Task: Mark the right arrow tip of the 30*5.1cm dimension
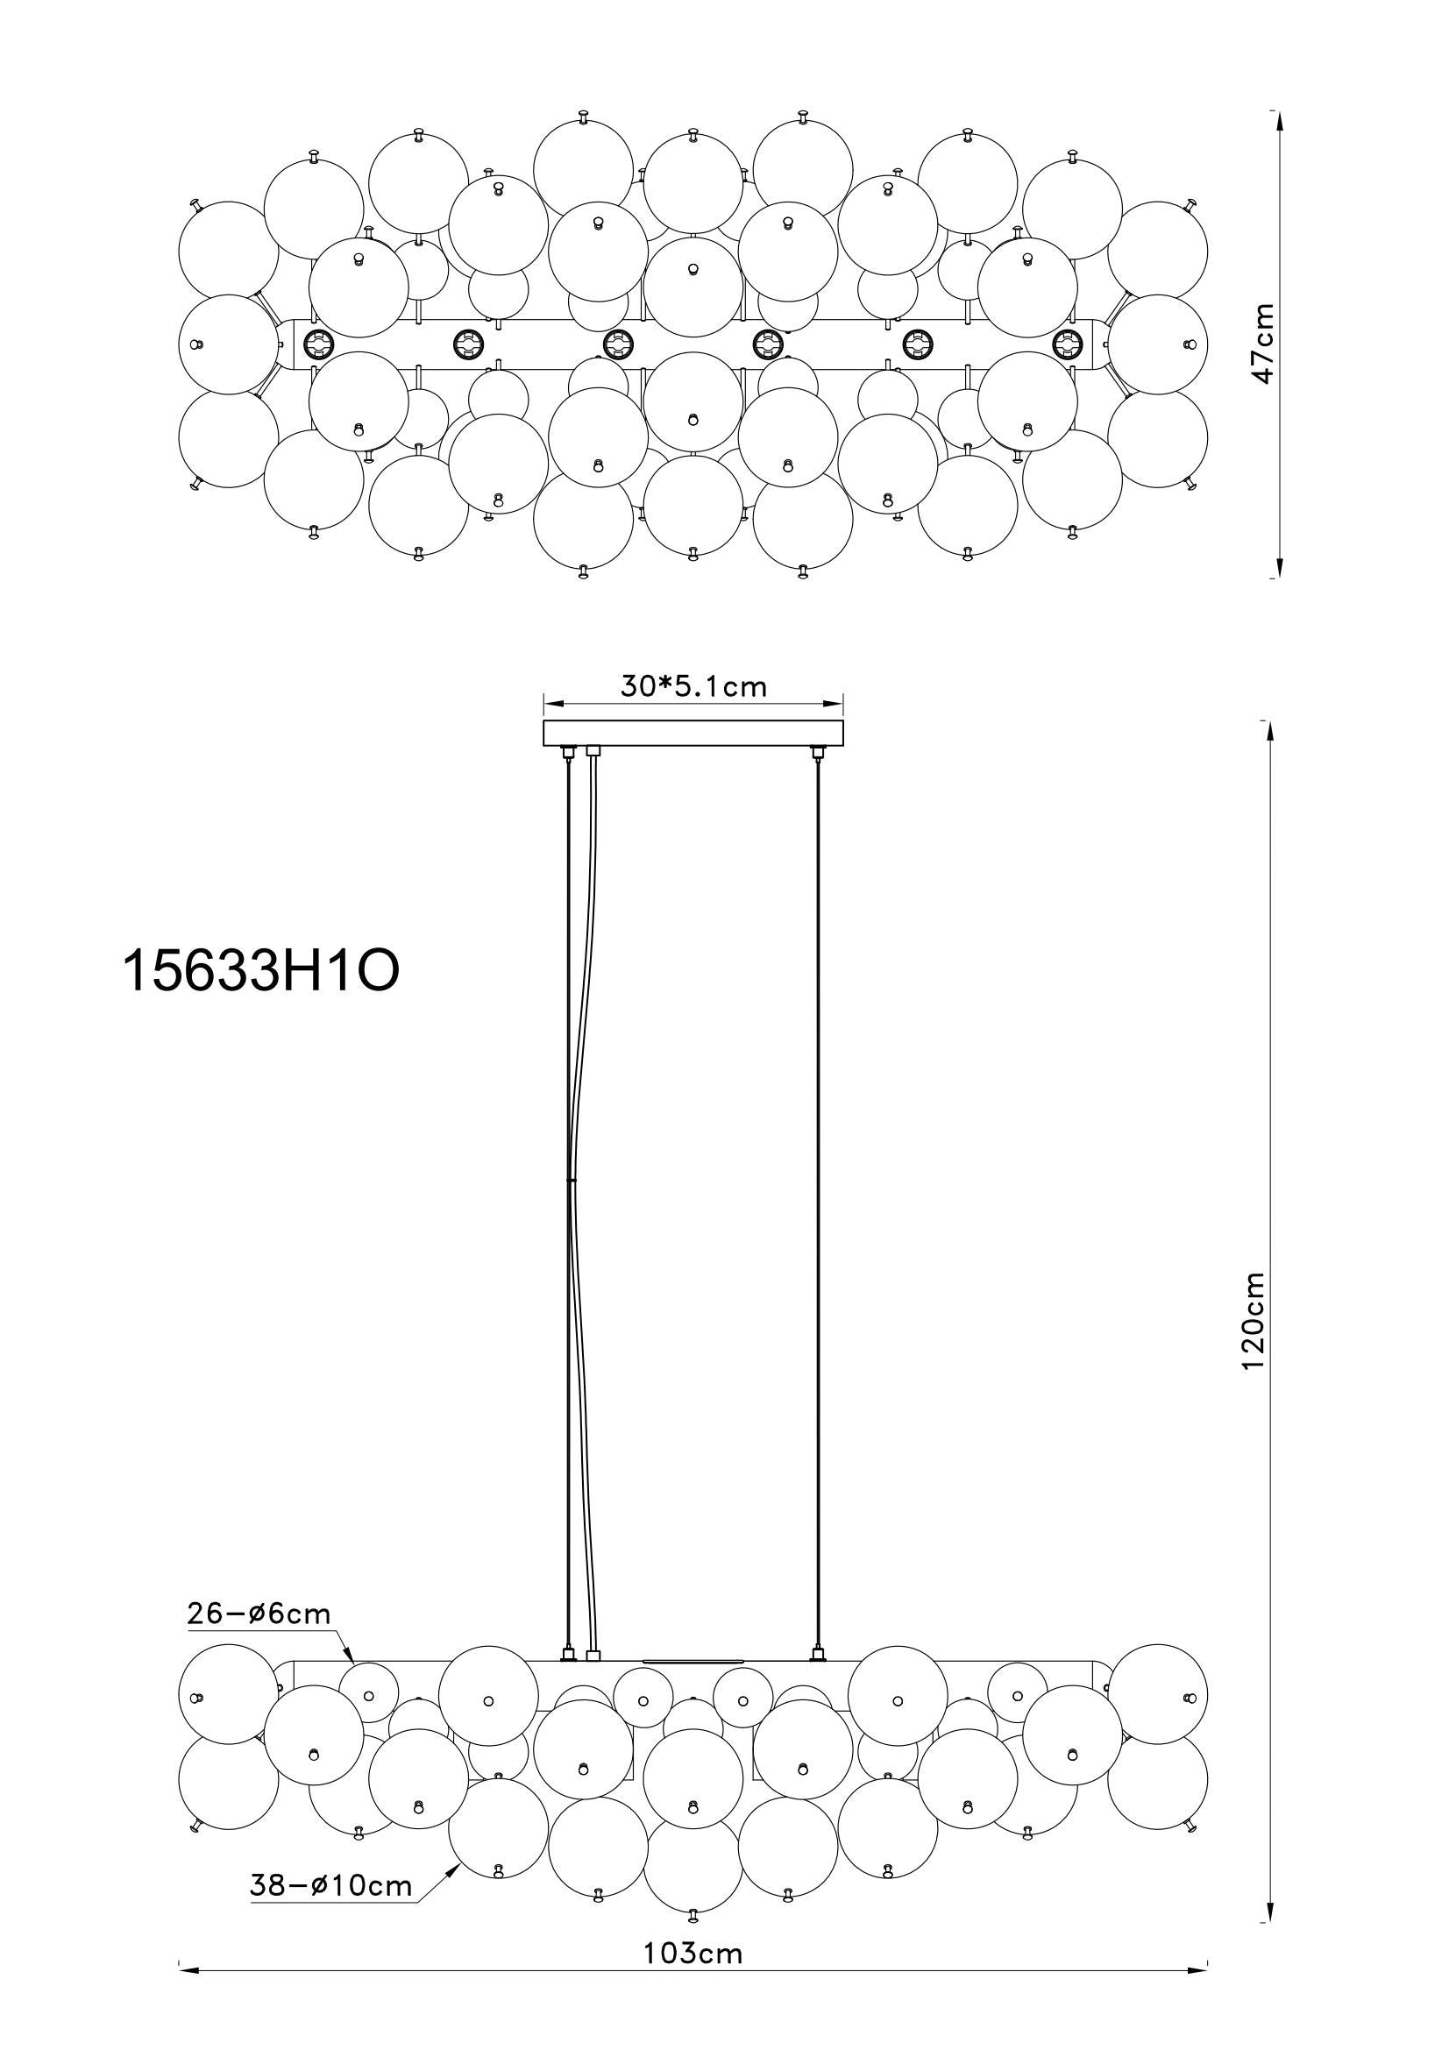point(843,701)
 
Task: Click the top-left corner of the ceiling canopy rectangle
point(543,720)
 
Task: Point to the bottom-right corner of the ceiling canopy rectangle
point(843,747)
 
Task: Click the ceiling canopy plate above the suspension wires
point(693,733)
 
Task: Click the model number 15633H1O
point(260,970)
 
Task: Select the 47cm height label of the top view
point(1262,344)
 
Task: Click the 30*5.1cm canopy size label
point(693,685)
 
